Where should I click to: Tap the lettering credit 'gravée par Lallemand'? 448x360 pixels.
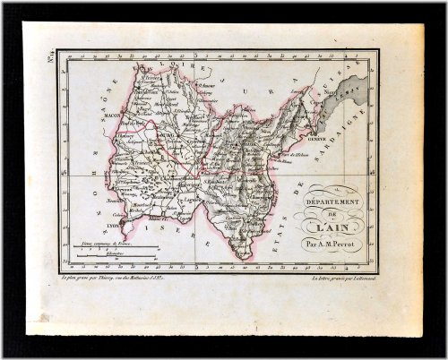point(340,282)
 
